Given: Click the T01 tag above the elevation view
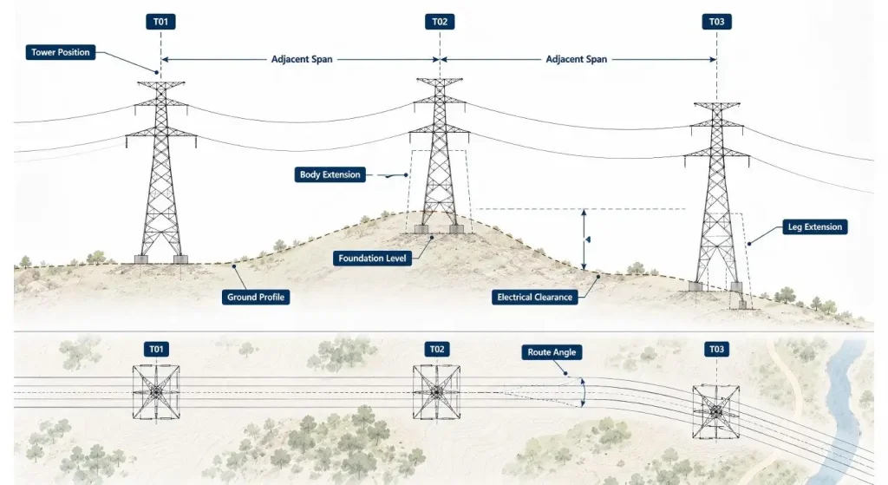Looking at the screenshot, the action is point(160,22).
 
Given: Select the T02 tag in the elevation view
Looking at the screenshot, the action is point(440,22).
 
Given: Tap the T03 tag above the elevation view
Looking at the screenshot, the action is point(717,22).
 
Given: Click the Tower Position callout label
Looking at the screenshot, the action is point(61,52).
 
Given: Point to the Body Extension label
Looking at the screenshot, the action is point(330,174).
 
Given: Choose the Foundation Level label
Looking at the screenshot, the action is point(372,259).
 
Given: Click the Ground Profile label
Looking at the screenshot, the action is point(256,297).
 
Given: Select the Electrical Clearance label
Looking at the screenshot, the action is point(534,297).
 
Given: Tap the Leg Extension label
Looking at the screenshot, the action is point(815,226).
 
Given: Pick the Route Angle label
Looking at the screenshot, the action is point(552,352).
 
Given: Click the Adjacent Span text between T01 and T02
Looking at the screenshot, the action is point(302,59).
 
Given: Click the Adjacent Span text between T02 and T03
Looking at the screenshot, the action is point(577,59).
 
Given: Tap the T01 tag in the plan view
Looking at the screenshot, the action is point(156,349).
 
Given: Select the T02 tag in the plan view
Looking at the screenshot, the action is point(437,349).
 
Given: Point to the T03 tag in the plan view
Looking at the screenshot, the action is point(717,349).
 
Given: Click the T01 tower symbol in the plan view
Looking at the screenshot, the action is point(156,391).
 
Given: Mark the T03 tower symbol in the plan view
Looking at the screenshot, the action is point(716,411).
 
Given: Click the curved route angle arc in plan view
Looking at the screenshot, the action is point(584,392).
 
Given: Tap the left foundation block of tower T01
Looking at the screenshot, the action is point(141,259).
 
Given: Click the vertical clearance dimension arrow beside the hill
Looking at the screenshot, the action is point(584,239).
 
